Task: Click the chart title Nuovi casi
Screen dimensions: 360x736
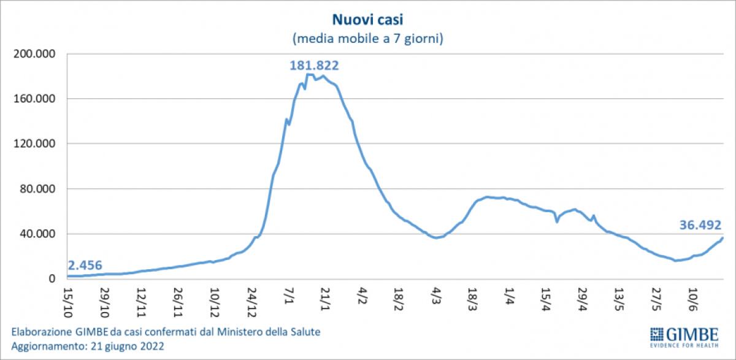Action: tap(367, 20)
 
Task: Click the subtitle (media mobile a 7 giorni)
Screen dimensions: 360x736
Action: tap(367, 39)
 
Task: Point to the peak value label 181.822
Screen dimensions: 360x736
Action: tap(314, 65)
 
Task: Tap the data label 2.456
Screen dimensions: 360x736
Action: tap(85, 266)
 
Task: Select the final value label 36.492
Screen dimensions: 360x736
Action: tap(700, 225)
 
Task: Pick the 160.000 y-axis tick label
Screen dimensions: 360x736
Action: tap(34, 99)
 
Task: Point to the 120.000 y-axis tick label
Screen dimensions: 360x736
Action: tap(34, 144)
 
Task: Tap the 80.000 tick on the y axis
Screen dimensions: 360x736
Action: tap(37, 189)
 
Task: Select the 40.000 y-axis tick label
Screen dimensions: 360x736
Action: tap(37, 234)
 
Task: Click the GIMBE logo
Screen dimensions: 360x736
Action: tap(684, 336)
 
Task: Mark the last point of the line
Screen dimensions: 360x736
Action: tap(723, 238)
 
